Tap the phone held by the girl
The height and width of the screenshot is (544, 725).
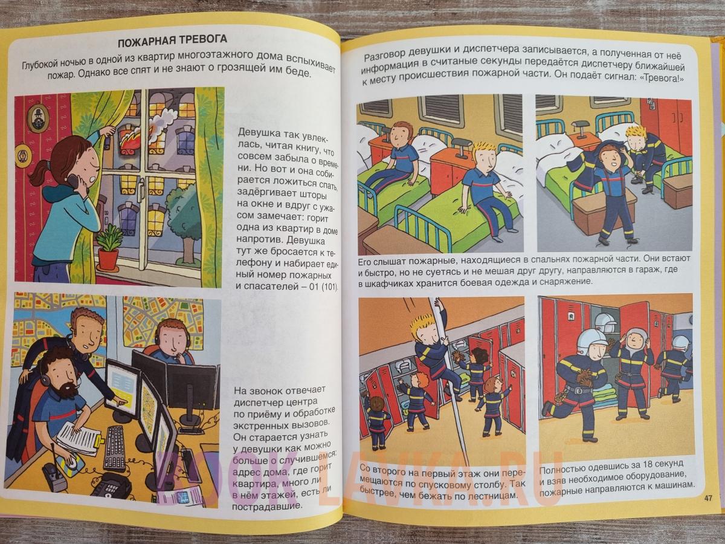point(79,184)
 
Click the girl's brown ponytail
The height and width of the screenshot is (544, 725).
point(40,171)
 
